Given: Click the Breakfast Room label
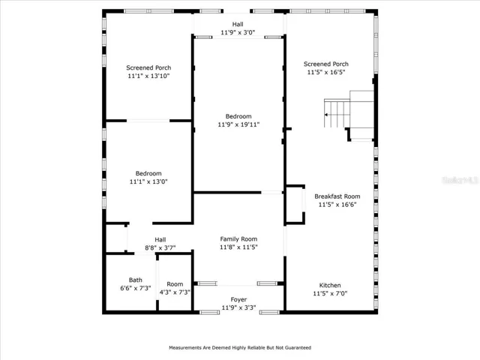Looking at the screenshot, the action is point(337,196).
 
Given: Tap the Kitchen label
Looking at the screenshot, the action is point(330,285).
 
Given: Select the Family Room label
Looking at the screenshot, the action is point(238,239).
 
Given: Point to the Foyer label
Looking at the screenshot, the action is point(238,300).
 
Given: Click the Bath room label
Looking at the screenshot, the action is point(135,280).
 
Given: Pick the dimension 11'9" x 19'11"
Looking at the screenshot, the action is point(238,124).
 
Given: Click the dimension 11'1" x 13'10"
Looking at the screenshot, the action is point(148,76).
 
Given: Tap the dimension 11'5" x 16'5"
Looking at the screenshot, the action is point(326,72).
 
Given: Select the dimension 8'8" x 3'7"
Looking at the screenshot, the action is point(160,248).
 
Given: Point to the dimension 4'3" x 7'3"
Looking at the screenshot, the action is point(175,292).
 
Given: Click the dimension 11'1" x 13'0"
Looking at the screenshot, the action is point(148,181).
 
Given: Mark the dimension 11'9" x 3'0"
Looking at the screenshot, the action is point(238,32).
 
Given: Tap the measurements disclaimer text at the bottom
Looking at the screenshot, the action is point(240,348).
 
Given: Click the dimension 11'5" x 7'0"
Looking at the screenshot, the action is point(330,293).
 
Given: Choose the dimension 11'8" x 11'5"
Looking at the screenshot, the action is point(238,247).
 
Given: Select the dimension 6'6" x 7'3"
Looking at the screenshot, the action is point(135,288).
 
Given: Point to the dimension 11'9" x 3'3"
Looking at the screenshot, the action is point(238,307).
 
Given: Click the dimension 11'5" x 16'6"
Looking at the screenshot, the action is point(337,205).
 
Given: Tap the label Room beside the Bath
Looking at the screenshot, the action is point(175,284).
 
